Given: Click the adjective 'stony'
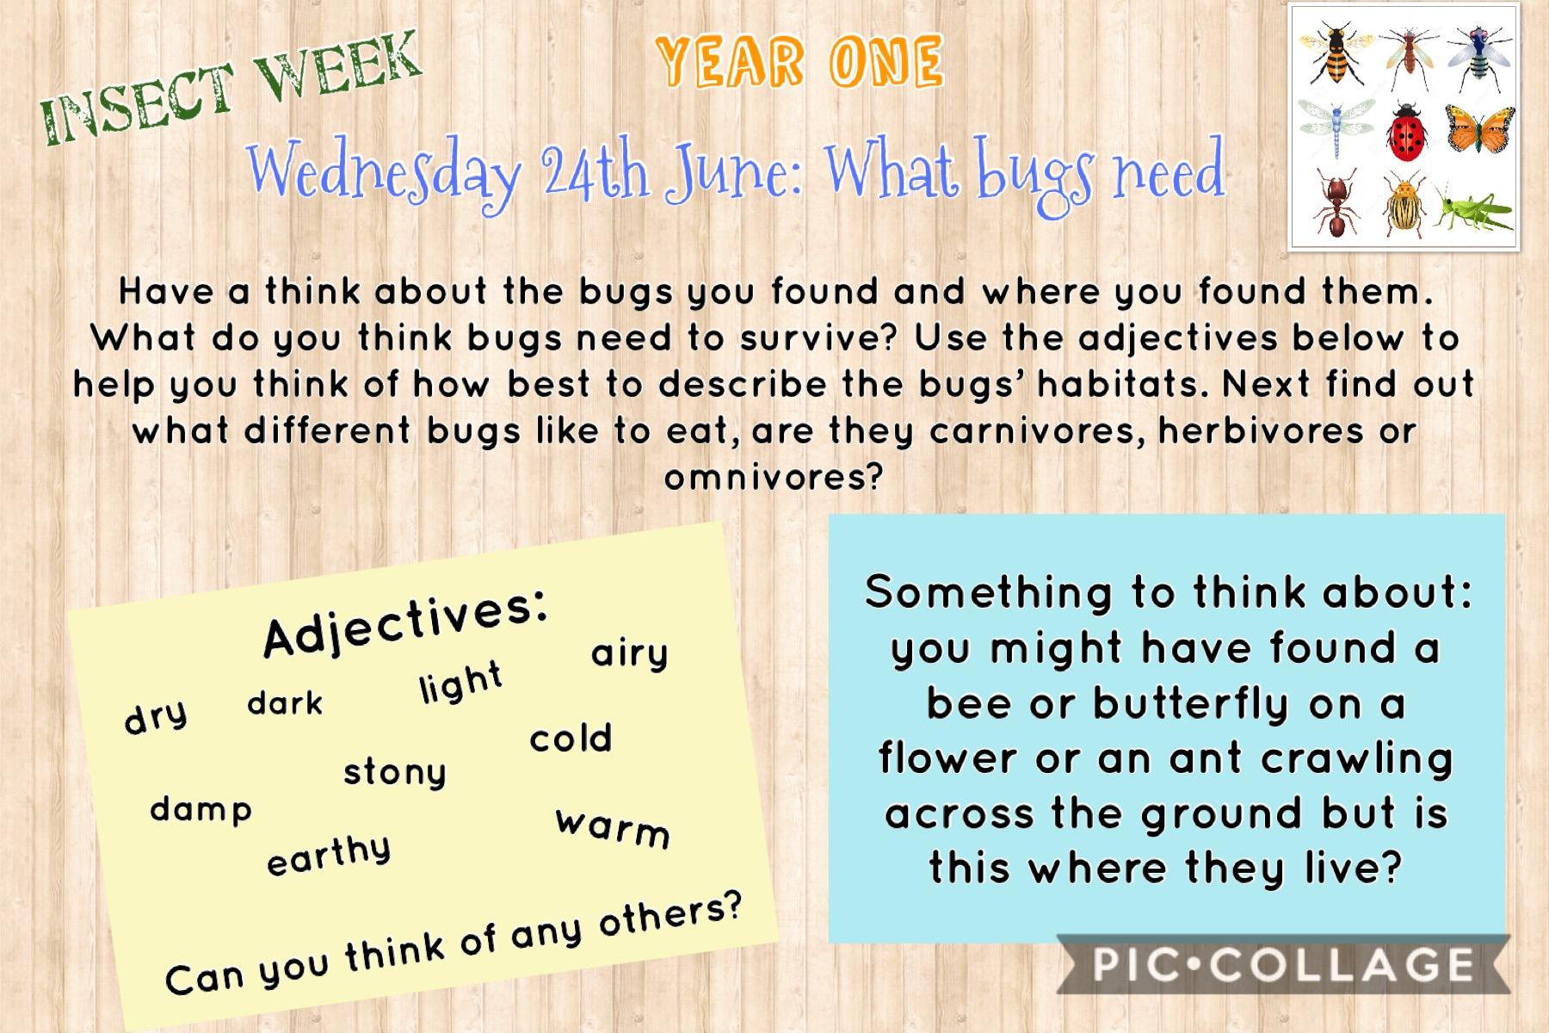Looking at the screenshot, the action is click(x=395, y=772).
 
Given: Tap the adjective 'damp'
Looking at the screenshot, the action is click(x=201, y=809).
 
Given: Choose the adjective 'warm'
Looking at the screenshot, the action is click(x=613, y=829).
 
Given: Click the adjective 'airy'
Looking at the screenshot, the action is click(x=629, y=653).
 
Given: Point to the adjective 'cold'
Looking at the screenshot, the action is click(x=571, y=738).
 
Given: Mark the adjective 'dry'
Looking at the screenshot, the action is click(x=156, y=716).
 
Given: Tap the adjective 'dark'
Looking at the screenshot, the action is click(x=285, y=702).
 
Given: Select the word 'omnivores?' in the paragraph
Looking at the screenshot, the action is click(x=774, y=477).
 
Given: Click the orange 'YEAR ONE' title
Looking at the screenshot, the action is click(x=799, y=62).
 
